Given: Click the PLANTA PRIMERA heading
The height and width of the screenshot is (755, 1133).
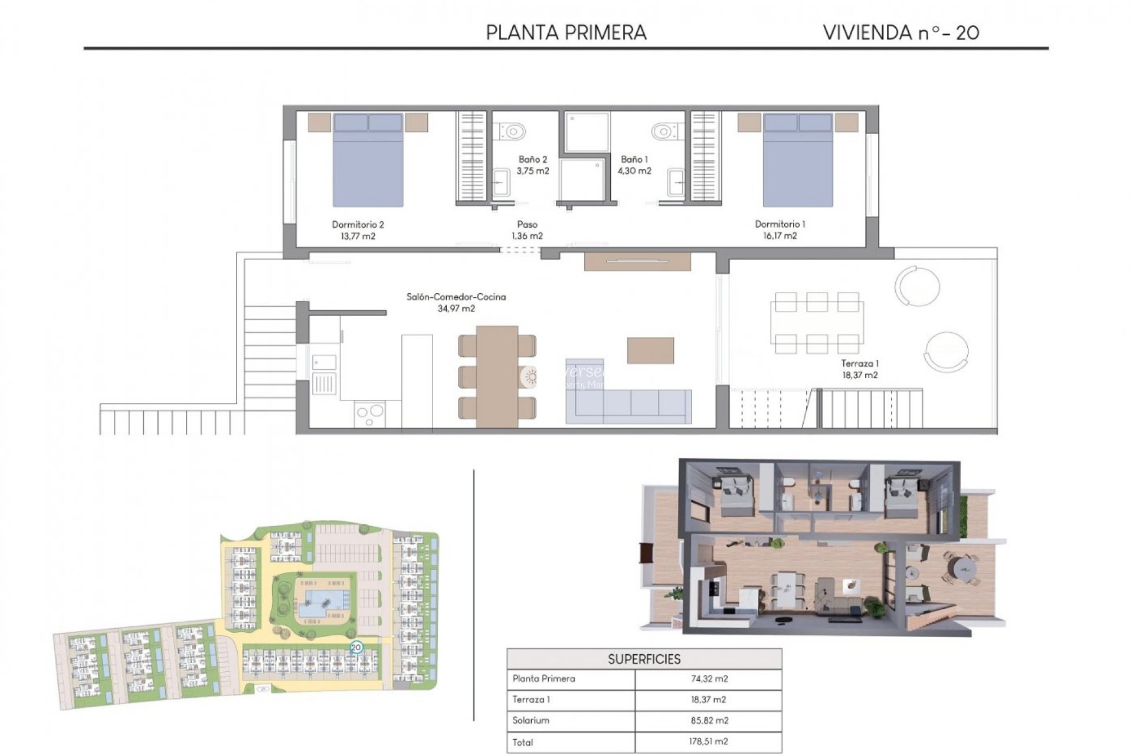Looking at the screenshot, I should (566, 32).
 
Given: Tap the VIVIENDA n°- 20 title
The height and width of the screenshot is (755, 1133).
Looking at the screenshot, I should (901, 32).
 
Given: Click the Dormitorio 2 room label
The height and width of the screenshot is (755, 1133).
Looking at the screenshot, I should (358, 224).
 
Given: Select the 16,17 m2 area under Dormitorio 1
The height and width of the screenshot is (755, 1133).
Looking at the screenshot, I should (780, 236).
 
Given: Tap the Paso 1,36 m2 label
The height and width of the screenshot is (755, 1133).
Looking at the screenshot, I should (527, 230).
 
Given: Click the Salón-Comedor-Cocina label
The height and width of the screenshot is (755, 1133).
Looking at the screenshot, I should (456, 297).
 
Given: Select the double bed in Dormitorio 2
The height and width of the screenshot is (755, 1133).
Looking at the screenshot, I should (368, 160).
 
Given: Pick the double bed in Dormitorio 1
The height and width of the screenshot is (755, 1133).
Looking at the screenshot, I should (798, 160).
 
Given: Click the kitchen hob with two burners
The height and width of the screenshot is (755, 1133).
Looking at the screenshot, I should (370, 414).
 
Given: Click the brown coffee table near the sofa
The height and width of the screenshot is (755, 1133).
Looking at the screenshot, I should (650, 350).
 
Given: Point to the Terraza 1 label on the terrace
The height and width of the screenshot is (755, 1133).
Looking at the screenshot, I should (859, 363).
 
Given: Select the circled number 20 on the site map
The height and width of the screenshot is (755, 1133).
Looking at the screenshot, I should (356, 647).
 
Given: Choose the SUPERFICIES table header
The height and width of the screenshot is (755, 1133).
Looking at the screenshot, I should (644, 659).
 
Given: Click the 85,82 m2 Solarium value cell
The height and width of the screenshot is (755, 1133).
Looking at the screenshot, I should (708, 720).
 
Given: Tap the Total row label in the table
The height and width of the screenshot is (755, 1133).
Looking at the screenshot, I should (523, 742).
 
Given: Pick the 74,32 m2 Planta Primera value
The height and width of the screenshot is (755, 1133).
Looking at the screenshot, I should (709, 679).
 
